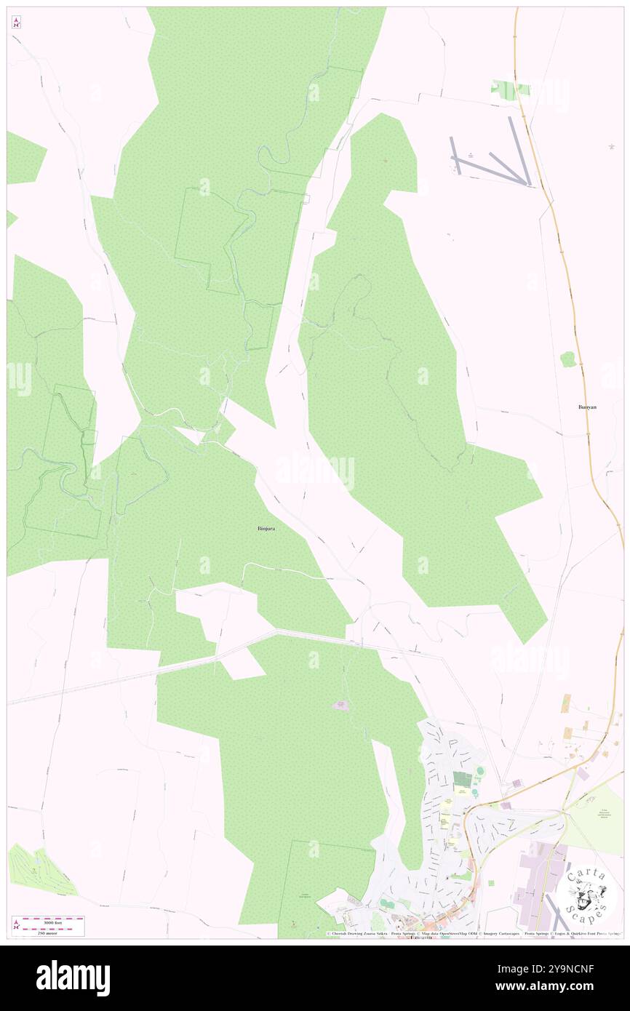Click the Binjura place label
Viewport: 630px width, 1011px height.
(266, 528)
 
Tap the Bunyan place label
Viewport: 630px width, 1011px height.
(586, 407)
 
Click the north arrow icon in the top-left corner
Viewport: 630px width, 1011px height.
(16, 23)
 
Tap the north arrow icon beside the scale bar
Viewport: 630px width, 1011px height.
(17, 926)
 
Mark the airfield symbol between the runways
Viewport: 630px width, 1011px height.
(471, 154)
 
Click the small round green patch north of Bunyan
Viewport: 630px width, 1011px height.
(567, 359)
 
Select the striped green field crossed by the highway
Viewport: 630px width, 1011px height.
(511, 89)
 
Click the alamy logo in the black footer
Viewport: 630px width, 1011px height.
(73, 978)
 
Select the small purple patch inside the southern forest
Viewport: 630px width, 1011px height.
(340, 704)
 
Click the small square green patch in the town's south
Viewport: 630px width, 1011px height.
(490, 883)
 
